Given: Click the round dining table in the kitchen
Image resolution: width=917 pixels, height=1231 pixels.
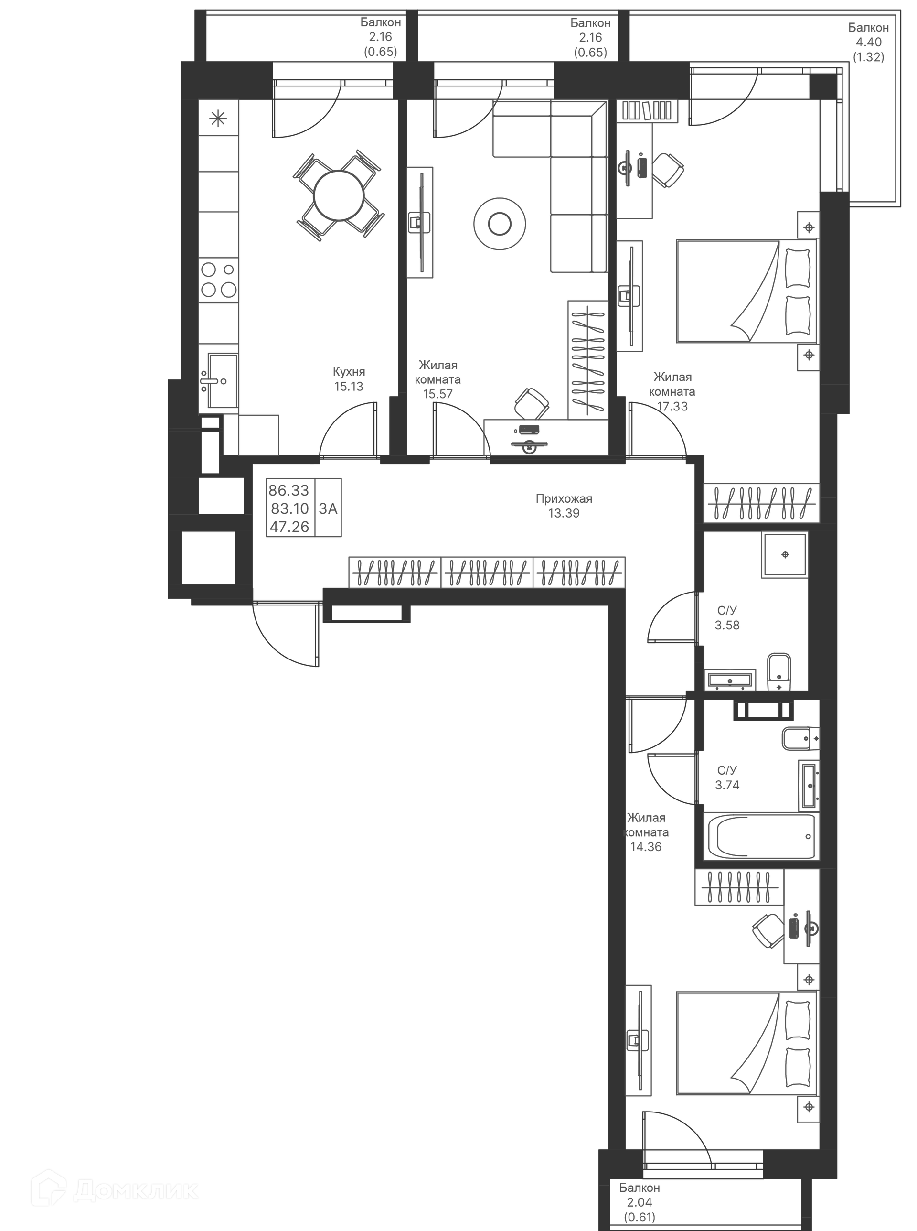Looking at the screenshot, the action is (x=338, y=195).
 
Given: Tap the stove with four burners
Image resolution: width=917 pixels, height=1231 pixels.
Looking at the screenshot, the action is (x=219, y=280).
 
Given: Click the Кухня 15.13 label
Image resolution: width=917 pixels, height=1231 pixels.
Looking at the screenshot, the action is (x=349, y=378).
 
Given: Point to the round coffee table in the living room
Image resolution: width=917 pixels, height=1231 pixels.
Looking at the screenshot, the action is (x=500, y=224).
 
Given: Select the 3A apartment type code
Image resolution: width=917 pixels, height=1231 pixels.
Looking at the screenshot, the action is (x=328, y=508).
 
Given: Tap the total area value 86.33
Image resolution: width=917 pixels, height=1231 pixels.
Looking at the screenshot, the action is (x=288, y=490).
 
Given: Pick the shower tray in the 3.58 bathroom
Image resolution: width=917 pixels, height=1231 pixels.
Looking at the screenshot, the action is (x=785, y=555).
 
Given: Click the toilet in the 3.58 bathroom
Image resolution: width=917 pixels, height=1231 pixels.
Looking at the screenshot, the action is (x=779, y=672).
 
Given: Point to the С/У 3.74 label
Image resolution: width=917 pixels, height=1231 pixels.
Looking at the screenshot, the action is (x=727, y=777).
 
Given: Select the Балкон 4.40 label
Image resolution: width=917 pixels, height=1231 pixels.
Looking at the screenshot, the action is (x=868, y=42).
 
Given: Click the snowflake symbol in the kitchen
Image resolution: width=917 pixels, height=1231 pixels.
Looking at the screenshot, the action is (x=218, y=118).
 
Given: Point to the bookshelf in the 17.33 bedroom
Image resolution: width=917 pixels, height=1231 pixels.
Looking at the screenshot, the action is (x=648, y=110).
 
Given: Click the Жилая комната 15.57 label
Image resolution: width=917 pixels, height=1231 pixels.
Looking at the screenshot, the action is (x=438, y=380).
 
